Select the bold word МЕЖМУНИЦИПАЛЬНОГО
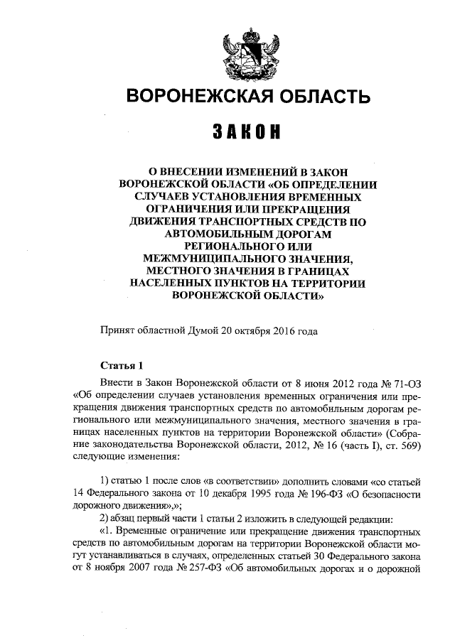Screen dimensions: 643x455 (211, 258)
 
